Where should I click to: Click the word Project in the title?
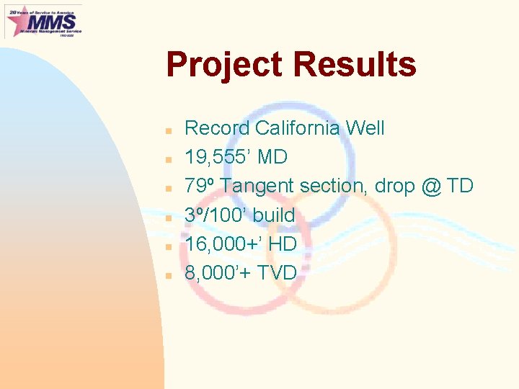click(223, 65)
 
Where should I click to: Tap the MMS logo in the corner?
click(43, 21)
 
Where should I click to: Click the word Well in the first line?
click(365, 128)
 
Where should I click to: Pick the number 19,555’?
click(213, 157)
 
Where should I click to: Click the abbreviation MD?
click(272, 157)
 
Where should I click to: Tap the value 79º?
click(200, 186)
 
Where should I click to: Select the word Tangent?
click(257, 186)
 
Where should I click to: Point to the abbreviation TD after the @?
click(460, 186)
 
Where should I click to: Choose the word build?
click(273, 215)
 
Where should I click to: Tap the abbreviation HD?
click(282, 244)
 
